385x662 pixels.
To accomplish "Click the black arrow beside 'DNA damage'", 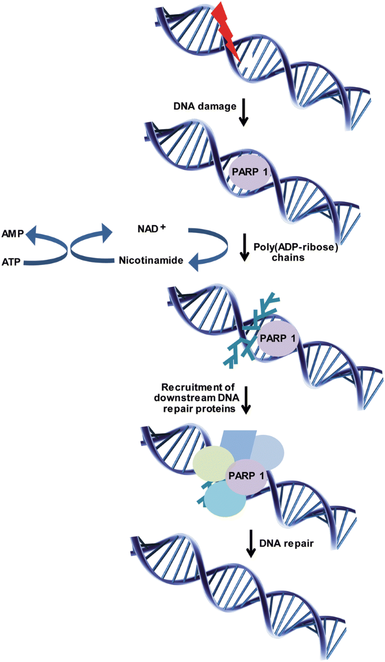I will (x=243, y=113).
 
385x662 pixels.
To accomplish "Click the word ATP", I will (x=12, y=262).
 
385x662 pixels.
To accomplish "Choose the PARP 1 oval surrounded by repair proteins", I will (x=245, y=476).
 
